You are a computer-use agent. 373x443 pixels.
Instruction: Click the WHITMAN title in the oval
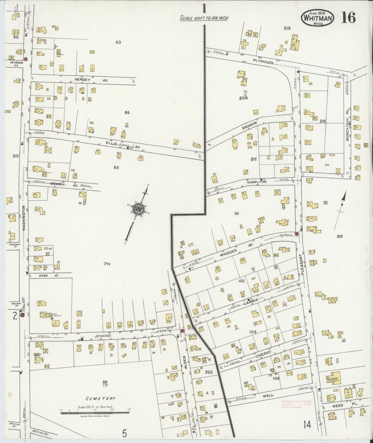coord(317,18)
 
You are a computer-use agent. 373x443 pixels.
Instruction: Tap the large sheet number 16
coord(348,18)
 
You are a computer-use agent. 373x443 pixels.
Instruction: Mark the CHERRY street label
coord(264,353)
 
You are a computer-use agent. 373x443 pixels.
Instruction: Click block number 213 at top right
coord(287,28)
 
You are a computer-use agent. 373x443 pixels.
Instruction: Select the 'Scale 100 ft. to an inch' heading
coord(204,18)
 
